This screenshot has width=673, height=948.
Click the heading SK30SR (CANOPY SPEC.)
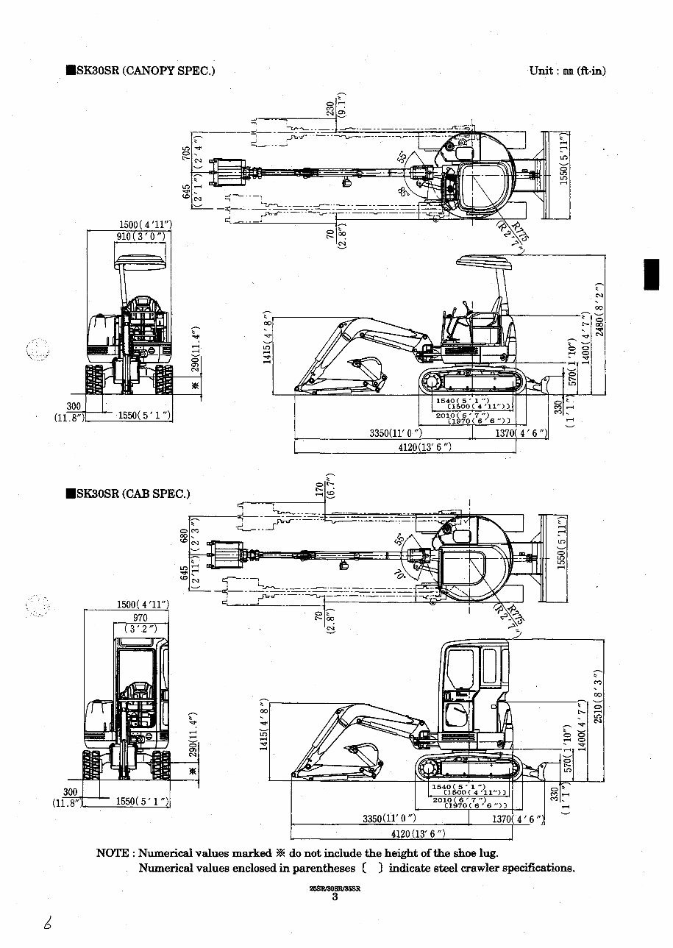140,71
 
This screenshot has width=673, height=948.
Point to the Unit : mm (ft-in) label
566,71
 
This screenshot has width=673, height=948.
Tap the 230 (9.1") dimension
335,107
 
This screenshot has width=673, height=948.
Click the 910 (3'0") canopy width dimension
140,236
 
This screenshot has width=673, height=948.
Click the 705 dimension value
187,153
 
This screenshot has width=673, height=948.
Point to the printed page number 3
335,897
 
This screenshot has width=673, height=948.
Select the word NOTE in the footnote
114,854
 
